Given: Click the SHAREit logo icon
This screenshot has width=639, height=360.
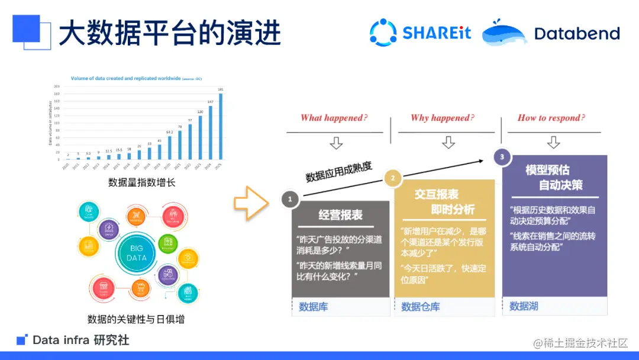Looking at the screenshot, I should click(383, 32).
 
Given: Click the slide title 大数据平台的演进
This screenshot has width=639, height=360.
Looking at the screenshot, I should click(169, 33).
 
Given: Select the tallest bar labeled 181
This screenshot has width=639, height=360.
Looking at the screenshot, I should click(221, 126).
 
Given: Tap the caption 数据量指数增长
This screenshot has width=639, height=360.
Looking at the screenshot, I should click(142, 182).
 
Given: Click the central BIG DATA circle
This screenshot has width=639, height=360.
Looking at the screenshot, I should click(137, 253).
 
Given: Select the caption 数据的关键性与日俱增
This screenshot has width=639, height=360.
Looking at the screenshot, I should click(136, 319).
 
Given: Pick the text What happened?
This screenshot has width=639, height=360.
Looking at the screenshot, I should click(334, 118).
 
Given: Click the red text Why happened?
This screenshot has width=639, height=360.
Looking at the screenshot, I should click(443, 118).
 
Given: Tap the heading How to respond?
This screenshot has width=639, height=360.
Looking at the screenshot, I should click(551, 118).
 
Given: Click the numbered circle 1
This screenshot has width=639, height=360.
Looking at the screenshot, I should click(290, 200).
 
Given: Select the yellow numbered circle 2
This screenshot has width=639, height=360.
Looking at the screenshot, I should click(392, 178).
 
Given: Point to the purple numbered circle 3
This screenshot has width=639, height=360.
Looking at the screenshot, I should click(502, 157).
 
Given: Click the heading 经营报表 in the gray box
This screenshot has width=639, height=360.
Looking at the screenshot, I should click(340, 215).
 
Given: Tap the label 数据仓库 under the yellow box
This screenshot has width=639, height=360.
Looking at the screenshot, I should click(421, 307).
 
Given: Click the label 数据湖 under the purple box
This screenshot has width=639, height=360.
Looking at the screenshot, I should click(524, 306).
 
